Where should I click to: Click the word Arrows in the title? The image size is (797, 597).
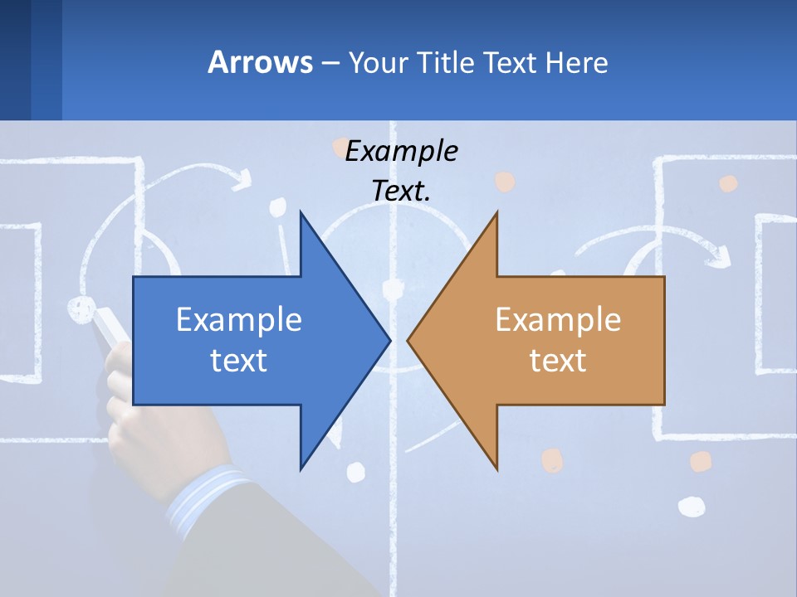click(x=260, y=62)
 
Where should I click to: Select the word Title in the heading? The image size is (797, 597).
click(x=452, y=63)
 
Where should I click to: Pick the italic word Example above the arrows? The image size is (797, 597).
click(x=401, y=152)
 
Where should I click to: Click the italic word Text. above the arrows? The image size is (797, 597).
click(x=401, y=192)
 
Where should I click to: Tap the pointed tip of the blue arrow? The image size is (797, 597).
click(x=389, y=339)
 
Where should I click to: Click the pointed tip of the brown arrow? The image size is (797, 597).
click(x=409, y=339)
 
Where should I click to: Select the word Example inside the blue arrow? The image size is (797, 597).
click(x=239, y=319)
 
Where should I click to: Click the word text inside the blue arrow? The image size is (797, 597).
click(x=239, y=360)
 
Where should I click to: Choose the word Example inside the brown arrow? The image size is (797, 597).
click(x=558, y=319)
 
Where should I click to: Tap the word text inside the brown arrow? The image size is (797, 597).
click(x=558, y=360)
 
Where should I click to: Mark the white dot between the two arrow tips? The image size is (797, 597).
click(x=392, y=289)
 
